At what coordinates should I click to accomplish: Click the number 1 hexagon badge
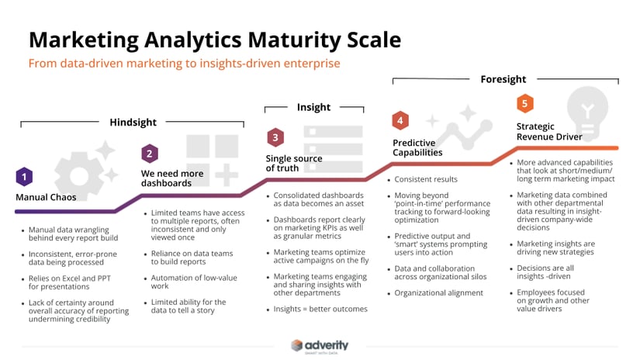pos(24,177)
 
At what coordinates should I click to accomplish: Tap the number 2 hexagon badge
pos(150,154)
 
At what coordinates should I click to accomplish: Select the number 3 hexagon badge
pos(275,138)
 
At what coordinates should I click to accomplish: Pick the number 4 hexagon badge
pos(400,120)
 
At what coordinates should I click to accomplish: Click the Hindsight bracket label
pos(133,123)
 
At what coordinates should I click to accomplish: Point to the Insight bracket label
pos(313,108)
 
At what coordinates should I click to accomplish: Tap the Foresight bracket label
pos(503,79)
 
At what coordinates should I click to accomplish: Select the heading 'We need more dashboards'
pos(171,178)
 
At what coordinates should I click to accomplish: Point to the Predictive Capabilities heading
pos(417,147)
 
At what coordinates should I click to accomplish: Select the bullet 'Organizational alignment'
pos(438,292)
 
